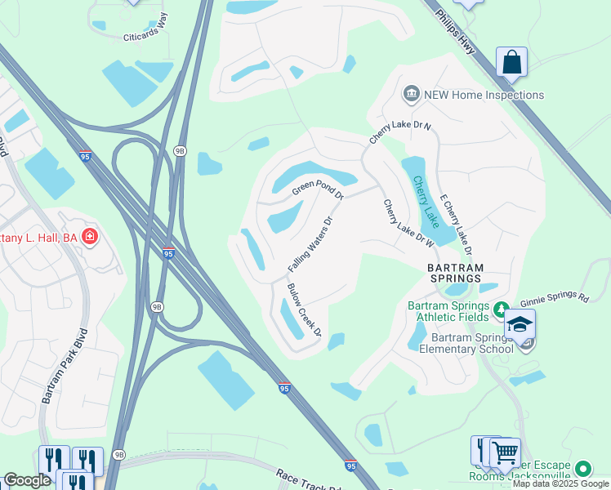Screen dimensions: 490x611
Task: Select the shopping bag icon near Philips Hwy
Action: pyautogui.click(x=511, y=61)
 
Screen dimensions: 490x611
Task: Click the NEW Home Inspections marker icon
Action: pyautogui.click(x=411, y=95)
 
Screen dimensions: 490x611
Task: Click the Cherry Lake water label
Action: pyautogui.click(x=425, y=202)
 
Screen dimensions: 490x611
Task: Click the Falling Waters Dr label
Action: pyautogui.click(x=311, y=244)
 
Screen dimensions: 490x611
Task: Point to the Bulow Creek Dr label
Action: pyautogui.click(x=304, y=310)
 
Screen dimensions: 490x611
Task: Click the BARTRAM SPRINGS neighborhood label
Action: pyautogui.click(x=456, y=273)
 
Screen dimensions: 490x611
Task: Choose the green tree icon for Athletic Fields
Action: pyautogui.click(x=505, y=307)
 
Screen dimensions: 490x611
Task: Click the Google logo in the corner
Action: pyautogui.click(x=27, y=480)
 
